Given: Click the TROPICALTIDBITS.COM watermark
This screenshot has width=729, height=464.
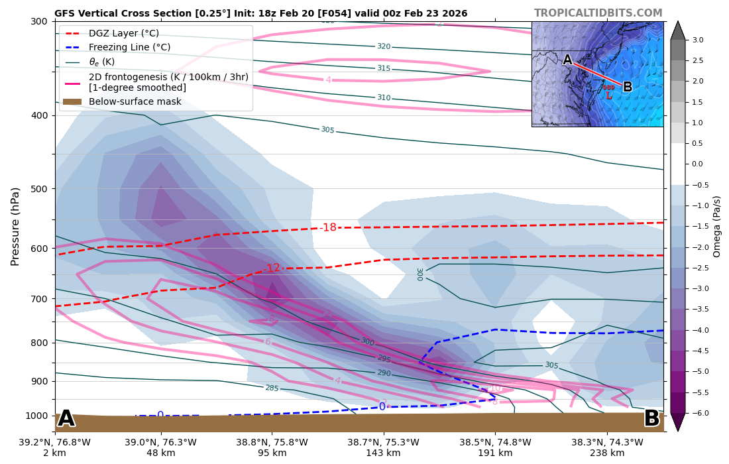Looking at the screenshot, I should pos(598,13).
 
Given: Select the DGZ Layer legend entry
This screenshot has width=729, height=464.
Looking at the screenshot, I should pos(124,33).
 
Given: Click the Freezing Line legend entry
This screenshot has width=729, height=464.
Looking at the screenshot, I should pos(129,48).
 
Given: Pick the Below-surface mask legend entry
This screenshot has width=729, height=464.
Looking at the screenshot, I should pos(135,101).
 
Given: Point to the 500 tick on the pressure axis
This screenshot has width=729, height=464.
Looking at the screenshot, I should pos(38,189).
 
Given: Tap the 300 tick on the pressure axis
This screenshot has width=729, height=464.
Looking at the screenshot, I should pos(38,21).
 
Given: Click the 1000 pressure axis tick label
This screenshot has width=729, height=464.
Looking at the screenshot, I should pos(36,416).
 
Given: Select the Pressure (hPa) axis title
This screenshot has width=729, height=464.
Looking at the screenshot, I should pos(16,226).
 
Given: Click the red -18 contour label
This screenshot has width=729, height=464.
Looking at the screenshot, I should pos(328,227).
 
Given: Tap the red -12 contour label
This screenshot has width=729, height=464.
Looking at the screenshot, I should pos(272,268).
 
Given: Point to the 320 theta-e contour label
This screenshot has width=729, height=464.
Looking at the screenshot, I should pos(384,46).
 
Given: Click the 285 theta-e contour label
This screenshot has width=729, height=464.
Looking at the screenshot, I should pos(272,388).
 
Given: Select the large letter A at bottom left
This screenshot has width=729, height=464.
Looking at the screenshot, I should pos(66,419).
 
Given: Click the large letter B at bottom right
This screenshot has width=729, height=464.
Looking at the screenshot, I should pos(651,419).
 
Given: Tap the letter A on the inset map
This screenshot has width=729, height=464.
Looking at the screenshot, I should pos(567,60).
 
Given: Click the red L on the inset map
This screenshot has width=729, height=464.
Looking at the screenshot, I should pos(608,96).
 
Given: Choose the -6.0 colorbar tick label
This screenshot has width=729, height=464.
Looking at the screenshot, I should pos(701,413).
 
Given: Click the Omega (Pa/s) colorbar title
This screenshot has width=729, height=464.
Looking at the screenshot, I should pos(717,226).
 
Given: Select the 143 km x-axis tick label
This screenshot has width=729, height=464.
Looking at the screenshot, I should pos(384,453).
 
